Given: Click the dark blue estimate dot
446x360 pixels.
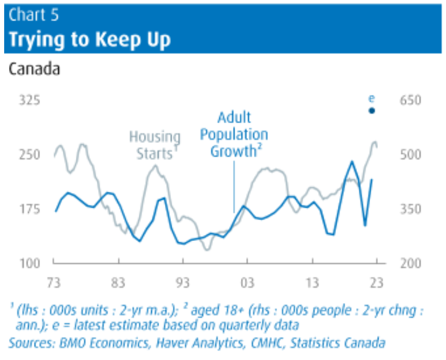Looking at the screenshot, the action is [x=372, y=111].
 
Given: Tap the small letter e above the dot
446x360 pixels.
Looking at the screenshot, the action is [x=371, y=99].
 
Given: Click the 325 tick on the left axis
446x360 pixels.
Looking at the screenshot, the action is [x=29, y=100].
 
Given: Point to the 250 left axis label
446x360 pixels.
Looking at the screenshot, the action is [x=29, y=154].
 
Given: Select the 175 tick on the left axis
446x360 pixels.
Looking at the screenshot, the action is [x=29, y=209].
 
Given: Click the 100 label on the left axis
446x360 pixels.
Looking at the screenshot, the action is [x=29, y=264].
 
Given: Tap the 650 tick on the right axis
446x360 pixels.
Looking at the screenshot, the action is [x=411, y=100].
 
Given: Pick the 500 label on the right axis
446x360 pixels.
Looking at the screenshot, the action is [x=411, y=154].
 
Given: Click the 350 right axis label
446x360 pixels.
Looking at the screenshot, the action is [x=411, y=209].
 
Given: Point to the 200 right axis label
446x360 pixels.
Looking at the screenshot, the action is [x=411, y=264].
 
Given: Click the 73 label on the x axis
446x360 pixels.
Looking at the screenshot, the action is [x=54, y=283].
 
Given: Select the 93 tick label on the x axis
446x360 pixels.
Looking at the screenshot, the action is [x=182, y=283].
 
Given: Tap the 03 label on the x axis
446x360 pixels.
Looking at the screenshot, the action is [x=247, y=283].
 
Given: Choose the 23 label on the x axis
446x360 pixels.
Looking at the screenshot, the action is [x=377, y=283].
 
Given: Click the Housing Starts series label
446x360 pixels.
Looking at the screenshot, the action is [x=155, y=145].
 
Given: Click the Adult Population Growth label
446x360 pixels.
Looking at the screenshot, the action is [x=234, y=135].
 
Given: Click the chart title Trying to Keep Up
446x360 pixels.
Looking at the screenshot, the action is [x=90, y=39].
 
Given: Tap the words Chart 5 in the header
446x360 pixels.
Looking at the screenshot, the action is [x=33, y=15].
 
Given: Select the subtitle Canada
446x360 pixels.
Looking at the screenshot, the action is [x=35, y=69].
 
